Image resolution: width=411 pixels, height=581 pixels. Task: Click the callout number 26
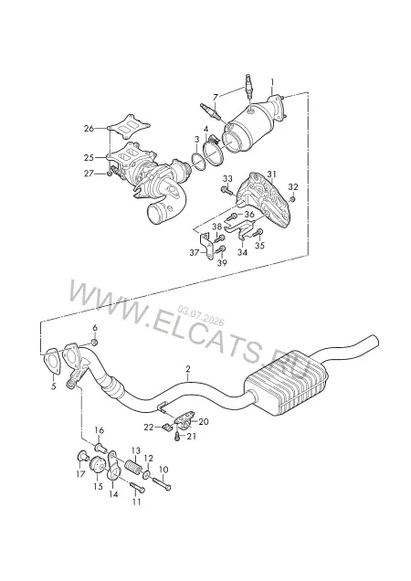89,129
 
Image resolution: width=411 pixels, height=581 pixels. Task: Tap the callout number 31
272,174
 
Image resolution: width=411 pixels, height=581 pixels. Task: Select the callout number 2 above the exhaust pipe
188,369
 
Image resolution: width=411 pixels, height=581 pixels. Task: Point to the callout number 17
80,474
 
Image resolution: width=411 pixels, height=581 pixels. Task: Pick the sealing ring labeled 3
198,163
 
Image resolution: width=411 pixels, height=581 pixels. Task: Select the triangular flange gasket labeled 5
52,360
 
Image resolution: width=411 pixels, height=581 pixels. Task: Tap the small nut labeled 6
94,342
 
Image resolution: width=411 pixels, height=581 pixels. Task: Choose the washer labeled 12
146,474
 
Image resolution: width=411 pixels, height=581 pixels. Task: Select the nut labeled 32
292,200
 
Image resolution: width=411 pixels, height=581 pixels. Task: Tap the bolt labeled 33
227,190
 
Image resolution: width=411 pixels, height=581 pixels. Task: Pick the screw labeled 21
178,437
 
